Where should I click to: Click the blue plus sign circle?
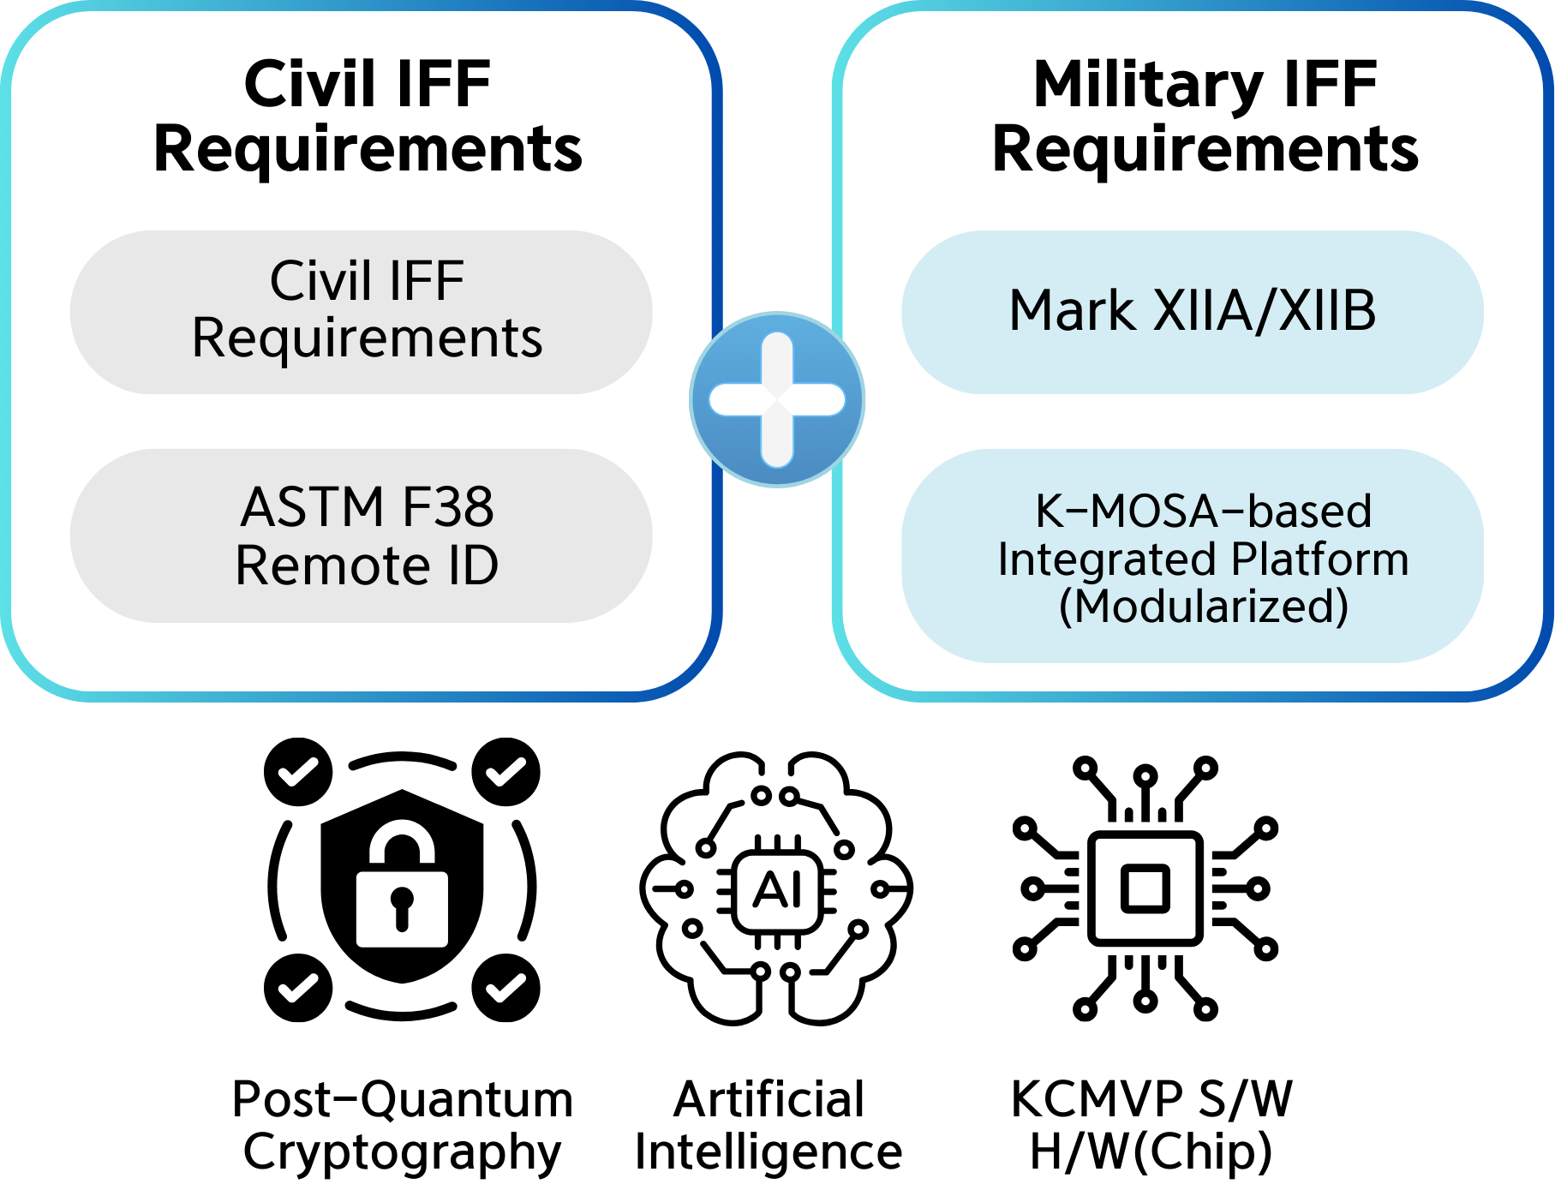[x=777, y=399]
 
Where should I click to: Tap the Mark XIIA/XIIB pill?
[x=1192, y=312]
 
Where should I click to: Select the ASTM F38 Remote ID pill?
[x=361, y=535]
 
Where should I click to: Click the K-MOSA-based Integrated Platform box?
[x=1192, y=556]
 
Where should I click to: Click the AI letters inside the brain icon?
[x=778, y=891]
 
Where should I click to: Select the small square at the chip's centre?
[x=1145, y=888]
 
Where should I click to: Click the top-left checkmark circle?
[x=298, y=772]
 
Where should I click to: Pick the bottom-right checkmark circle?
[x=506, y=988]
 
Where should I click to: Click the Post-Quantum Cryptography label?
[x=402, y=1125]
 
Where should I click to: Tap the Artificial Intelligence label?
[x=769, y=1125]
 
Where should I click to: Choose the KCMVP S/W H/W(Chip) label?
[x=1151, y=1125]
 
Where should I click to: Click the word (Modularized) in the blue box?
[x=1203, y=607]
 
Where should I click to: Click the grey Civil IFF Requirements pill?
[x=361, y=312]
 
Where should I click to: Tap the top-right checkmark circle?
[x=506, y=772]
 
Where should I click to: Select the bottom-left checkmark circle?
[x=298, y=988]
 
